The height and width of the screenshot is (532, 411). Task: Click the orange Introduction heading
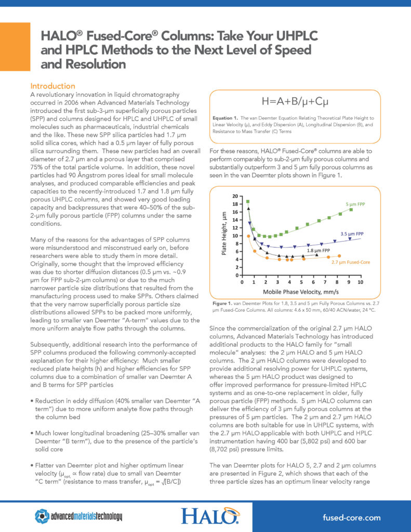(53, 86)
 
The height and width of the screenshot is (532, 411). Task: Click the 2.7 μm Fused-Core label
(350, 263)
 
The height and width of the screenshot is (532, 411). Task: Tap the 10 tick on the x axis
(360, 282)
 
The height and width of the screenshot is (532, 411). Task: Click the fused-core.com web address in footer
(351, 517)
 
